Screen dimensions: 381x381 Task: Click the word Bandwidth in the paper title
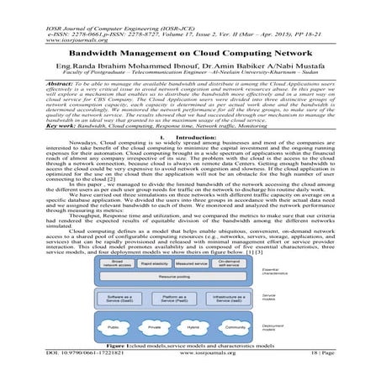point(111,51)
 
